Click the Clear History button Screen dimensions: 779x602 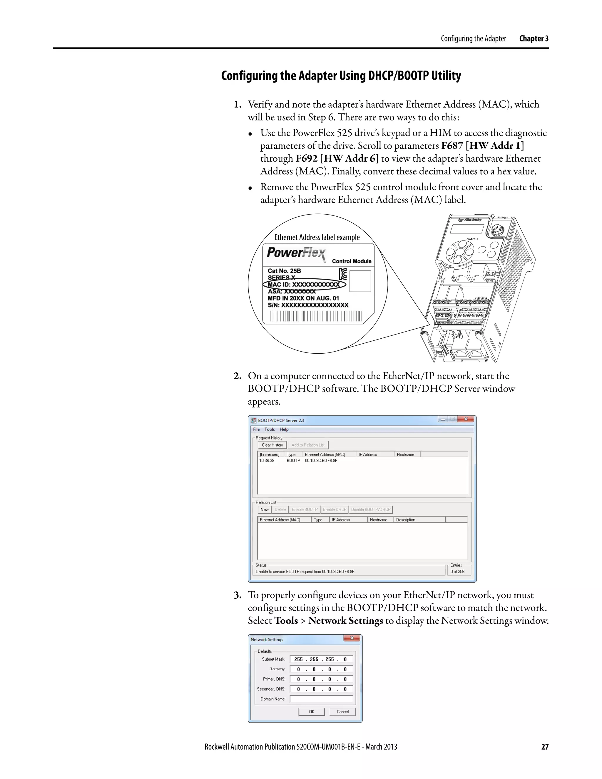pyautogui.click(x=272, y=445)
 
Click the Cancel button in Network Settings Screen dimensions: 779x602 pyautogui.click(x=342, y=712)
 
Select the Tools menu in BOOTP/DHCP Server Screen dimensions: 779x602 pyautogui.click(x=269, y=429)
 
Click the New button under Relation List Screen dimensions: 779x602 pyautogui.click(x=264, y=509)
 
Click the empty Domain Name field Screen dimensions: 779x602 pyautogui.click(x=321, y=699)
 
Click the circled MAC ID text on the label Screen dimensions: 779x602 pyautogui.click(x=304, y=285)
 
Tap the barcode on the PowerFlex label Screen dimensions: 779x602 pyautogui.click(x=316, y=316)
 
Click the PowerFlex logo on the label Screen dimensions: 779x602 pyautogui.click(x=296, y=253)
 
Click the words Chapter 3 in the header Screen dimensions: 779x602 pyautogui.click(x=534, y=39)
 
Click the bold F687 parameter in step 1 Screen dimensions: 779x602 pyautogui.click(x=452, y=146)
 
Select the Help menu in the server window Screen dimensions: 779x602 pyautogui.click(x=284, y=429)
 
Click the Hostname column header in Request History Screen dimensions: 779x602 pyautogui.click(x=405, y=454)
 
